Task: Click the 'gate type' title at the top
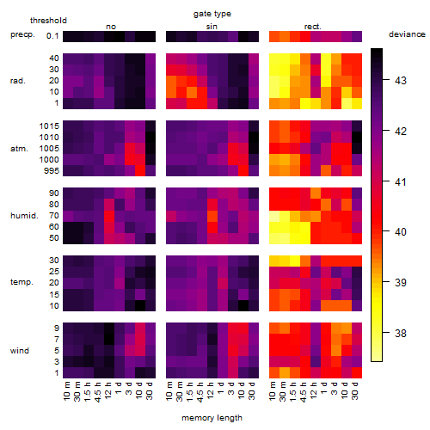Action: point(212,14)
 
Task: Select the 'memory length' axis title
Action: point(212,418)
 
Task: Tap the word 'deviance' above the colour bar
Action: point(407,34)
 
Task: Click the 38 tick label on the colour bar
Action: point(401,333)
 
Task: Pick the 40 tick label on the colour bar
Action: point(401,231)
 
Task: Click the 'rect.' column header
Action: point(313,27)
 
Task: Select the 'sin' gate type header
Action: point(212,27)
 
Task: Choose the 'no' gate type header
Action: point(111,27)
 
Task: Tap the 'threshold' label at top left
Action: point(48,21)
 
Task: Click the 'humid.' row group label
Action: point(24,216)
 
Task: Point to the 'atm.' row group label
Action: point(19,149)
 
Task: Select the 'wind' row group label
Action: point(20,351)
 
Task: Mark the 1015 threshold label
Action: point(49,126)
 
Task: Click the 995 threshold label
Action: point(52,171)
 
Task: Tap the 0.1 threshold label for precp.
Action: point(52,36)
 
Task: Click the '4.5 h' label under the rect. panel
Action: point(304,392)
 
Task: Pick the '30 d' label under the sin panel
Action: point(251,391)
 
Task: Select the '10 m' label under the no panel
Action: point(66,391)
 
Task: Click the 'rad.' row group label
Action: point(18,81)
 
